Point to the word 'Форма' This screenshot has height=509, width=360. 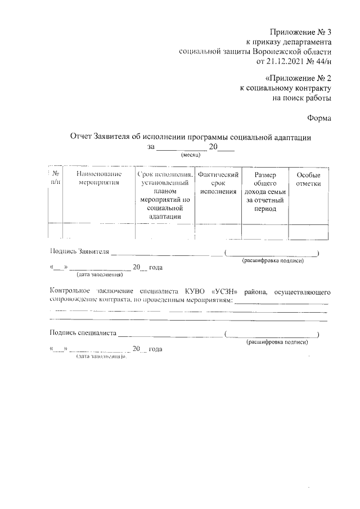click(319, 118)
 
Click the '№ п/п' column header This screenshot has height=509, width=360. click(55, 179)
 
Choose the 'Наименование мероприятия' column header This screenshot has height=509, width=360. click(99, 179)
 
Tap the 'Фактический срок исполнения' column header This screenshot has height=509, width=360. click(218, 183)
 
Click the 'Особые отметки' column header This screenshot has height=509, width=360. click(308, 179)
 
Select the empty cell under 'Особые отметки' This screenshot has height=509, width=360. click(308, 231)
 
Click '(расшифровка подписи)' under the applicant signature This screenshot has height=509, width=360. click(273, 261)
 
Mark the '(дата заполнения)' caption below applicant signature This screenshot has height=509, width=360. click(100, 275)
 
